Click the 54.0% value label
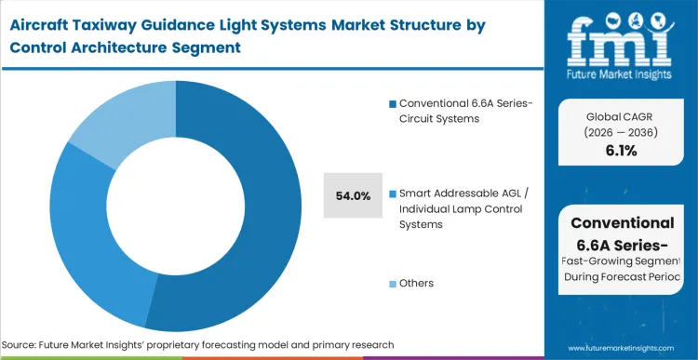(x=353, y=195)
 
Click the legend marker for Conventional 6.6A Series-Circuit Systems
(x=392, y=102)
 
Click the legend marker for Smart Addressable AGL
(x=392, y=193)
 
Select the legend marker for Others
(x=392, y=283)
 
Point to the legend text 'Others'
(x=416, y=283)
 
